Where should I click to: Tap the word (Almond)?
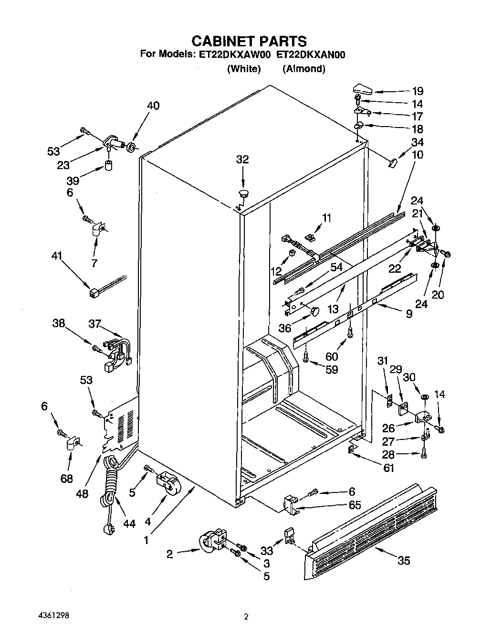(304, 69)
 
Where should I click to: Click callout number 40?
(153, 106)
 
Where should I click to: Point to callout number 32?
(242, 159)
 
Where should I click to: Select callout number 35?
(404, 560)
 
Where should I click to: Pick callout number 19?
(418, 91)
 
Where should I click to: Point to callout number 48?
(82, 493)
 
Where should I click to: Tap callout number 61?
(389, 468)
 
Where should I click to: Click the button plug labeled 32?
(244, 193)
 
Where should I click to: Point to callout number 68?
(66, 478)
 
